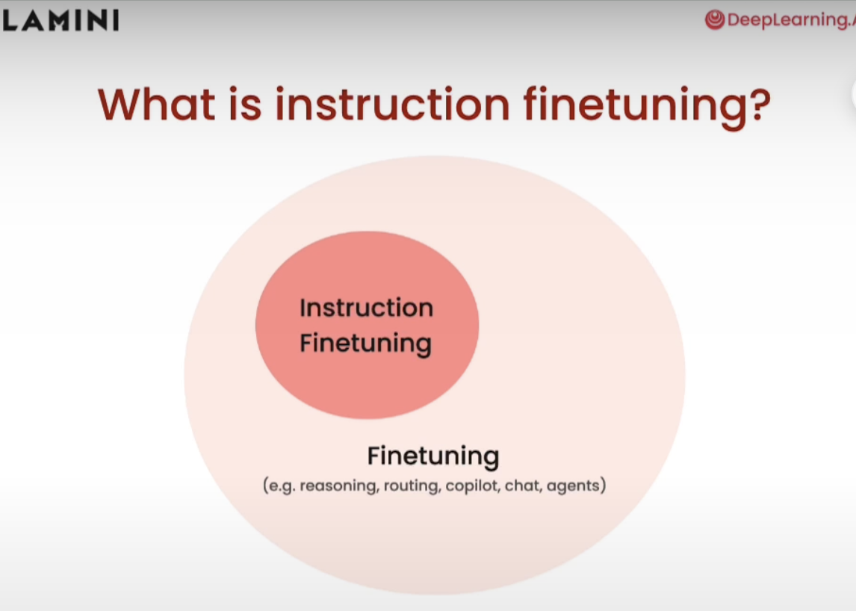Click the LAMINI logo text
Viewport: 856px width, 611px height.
pyautogui.click(x=60, y=21)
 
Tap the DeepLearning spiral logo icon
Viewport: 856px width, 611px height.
pyautogui.click(x=715, y=20)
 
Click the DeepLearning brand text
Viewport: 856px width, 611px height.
pyautogui.click(x=791, y=20)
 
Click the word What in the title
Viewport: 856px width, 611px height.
pyautogui.click(x=157, y=104)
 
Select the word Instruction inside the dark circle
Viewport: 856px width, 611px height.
pyautogui.click(x=366, y=308)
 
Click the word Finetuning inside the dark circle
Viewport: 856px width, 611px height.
pyautogui.click(x=366, y=344)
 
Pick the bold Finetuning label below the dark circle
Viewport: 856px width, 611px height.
pyautogui.click(x=433, y=457)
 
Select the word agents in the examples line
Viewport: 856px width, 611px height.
pyautogui.click(x=573, y=486)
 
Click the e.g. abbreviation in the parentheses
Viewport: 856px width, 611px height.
pyautogui.click(x=282, y=486)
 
